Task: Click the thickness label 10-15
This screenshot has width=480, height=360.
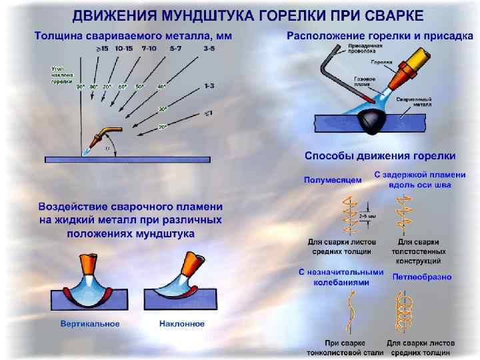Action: click(x=123, y=49)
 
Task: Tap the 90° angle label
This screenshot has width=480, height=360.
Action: click(x=81, y=87)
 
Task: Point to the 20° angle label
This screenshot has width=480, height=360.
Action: click(x=162, y=125)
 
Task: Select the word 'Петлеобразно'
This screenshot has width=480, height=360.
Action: click(x=421, y=276)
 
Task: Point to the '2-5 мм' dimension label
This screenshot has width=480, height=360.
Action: click(x=366, y=216)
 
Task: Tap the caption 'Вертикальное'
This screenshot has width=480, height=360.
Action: click(x=90, y=324)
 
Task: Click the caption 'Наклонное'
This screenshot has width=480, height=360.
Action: click(x=182, y=324)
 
